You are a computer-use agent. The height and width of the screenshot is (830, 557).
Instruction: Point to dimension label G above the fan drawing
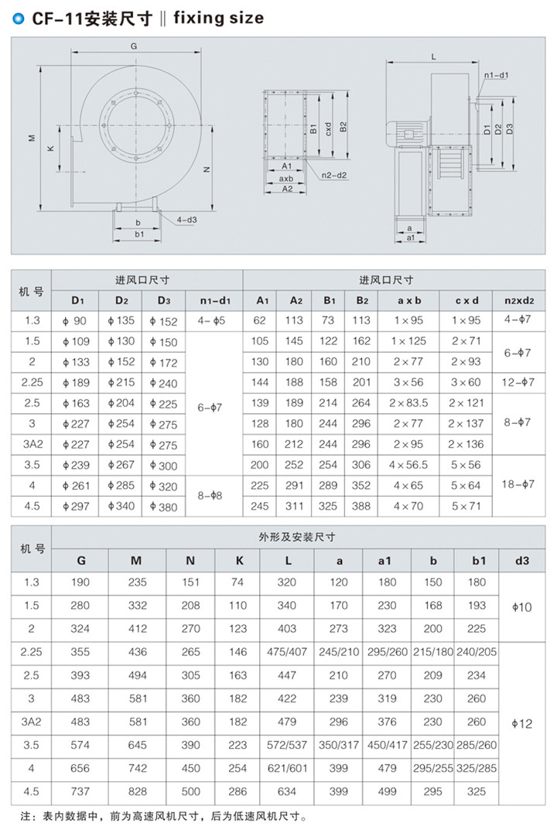(134, 46)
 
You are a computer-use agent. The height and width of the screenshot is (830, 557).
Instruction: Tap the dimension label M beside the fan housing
(32, 138)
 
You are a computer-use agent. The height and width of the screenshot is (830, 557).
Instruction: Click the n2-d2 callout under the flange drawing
(336, 175)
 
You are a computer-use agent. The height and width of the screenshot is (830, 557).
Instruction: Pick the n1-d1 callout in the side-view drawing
(495, 75)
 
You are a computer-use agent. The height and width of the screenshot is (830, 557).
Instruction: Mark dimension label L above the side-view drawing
(433, 56)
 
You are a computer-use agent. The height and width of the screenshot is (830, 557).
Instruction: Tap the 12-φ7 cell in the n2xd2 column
(519, 382)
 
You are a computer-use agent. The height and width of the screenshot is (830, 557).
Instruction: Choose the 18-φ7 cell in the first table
(519, 483)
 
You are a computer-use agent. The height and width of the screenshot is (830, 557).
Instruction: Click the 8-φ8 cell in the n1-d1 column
(214, 494)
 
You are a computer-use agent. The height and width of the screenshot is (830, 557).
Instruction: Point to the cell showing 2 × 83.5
(408, 403)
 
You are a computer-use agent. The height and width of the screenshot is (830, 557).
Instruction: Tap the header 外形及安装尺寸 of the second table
(302, 537)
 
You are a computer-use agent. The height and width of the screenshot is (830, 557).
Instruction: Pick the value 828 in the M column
(136, 791)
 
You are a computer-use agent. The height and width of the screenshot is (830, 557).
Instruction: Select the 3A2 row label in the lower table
(31, 722)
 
